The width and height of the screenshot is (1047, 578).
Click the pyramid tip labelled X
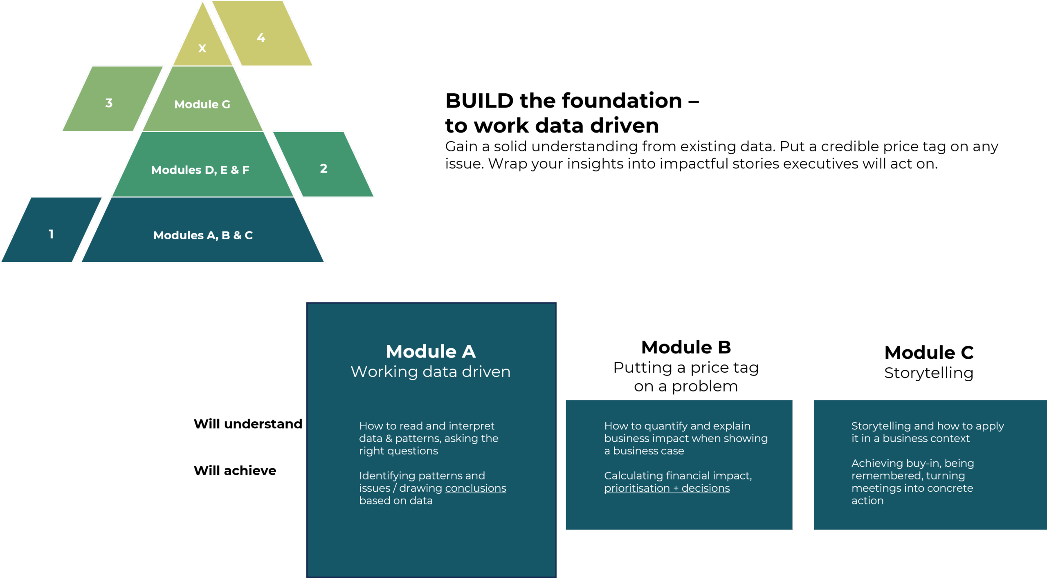tap(202, 48)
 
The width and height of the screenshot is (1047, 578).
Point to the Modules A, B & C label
tap(203, 235)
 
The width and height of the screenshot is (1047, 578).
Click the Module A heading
tap(431, 351)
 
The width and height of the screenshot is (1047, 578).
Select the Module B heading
tap(686, 347)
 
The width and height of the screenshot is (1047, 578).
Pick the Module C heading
tap(929, 352)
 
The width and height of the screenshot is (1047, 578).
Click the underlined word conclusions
tap(475, 488)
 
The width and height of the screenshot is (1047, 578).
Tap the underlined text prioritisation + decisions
tap(667, 488)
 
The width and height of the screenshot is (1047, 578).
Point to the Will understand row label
tap(247, 424)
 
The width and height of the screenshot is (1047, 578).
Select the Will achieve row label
tap(235, 470)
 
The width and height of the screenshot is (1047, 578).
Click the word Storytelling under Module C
tap(929, 373)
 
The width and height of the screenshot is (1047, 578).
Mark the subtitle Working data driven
tap(431, 371)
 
